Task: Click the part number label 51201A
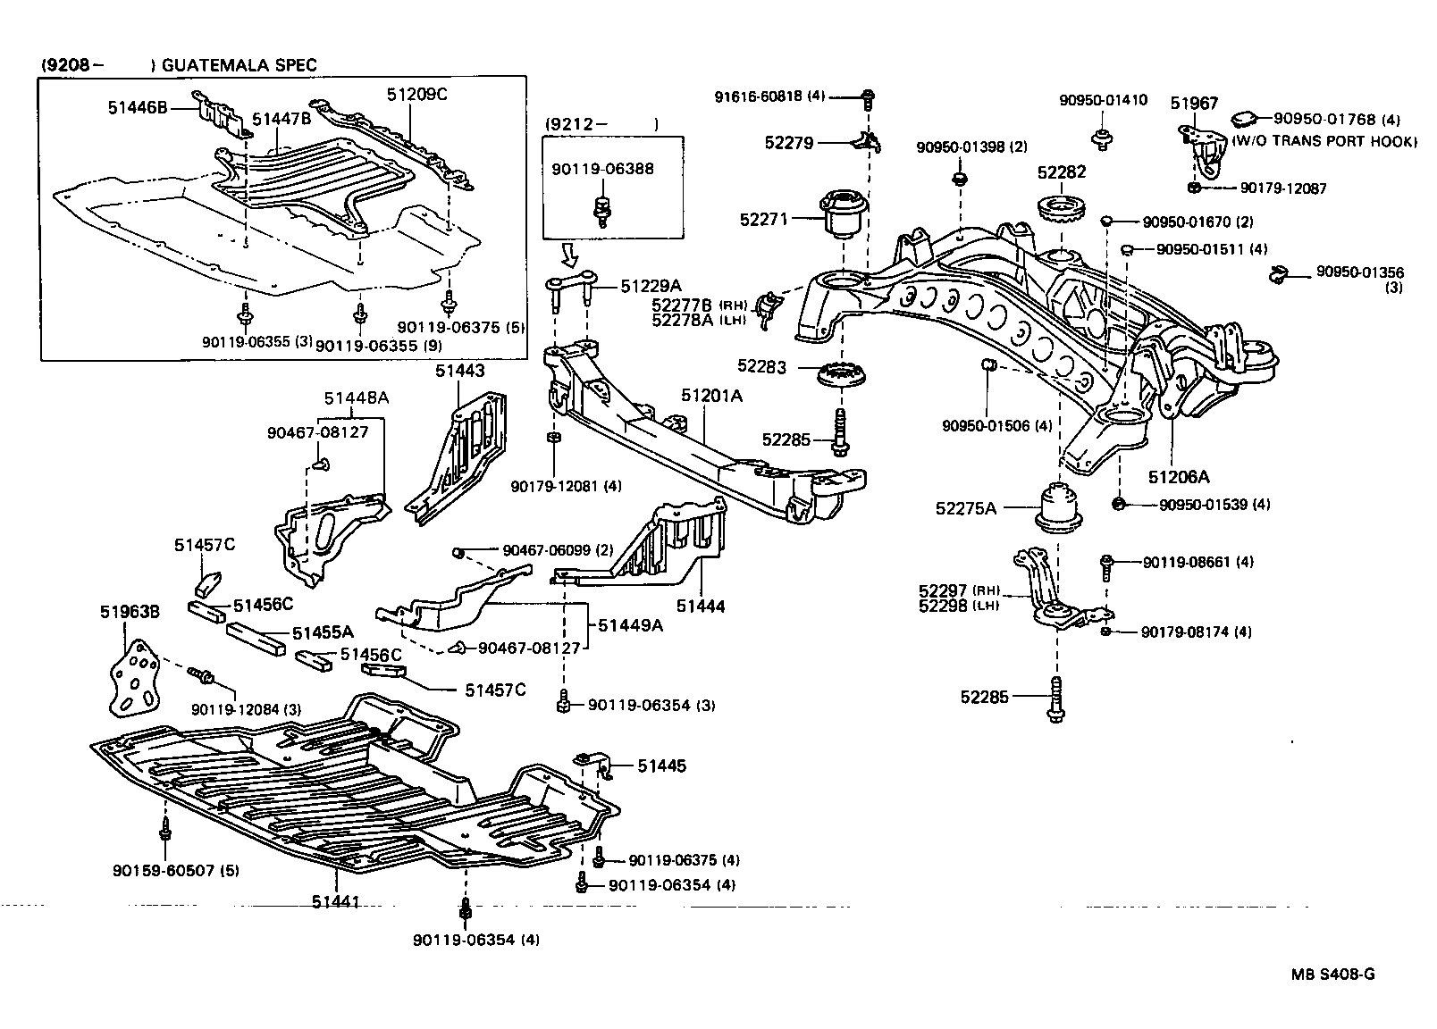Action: [x=711, y=395]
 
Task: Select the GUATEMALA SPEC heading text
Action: [x=239, y=65]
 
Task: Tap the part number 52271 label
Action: [x=766, y=219]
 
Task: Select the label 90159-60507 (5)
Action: [x=163, y=870]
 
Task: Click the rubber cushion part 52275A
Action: [x=1058, y=507]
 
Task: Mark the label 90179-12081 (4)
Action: [x=566, y=486]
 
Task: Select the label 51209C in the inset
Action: [x=417, y=93]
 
